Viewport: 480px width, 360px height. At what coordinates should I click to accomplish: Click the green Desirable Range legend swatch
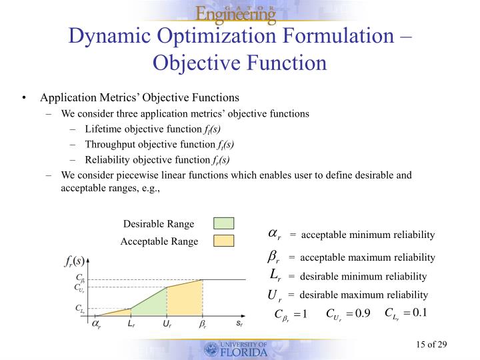tap(223, 223)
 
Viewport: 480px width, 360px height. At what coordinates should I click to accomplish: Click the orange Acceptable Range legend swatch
tap(223, 241)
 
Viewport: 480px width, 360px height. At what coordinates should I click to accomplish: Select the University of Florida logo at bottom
tap(237, 349)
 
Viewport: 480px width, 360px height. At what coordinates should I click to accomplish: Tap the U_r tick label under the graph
tap(167, 323)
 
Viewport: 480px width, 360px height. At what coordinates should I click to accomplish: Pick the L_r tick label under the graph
tap(131, 323)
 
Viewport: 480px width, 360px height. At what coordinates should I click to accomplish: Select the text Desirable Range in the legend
tap(159, 224)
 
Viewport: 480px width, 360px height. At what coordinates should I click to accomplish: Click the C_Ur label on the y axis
tap(79, 288)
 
